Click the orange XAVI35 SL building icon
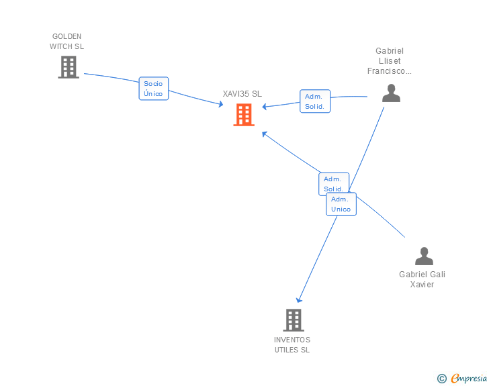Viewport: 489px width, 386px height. tap(244, 115)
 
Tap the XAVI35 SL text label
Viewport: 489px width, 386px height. tap(242, 95)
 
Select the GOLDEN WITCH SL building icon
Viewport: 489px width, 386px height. tap(69, 67)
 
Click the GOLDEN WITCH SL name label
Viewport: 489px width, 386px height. tap(66, 42)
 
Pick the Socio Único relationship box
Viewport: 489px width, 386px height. tap(153, 89)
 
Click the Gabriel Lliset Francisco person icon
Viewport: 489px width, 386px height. tap(391, 93)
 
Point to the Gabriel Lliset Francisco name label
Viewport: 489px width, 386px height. tap(390, 61)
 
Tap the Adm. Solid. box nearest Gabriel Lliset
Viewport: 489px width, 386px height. tap(314, 101)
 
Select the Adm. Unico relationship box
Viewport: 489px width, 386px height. tap(341, 204)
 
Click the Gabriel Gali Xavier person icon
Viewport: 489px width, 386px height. tap(424, 256)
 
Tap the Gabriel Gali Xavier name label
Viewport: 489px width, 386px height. tap(422, 279)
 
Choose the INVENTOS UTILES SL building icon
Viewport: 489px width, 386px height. tap(293, 320)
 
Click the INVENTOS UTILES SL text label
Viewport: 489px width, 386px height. tap(292, 344)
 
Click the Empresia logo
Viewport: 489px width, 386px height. tap(468, 379)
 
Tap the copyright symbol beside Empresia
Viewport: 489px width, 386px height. tap(441, 379)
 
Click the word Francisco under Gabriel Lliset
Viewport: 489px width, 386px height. tap(390, 71)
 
